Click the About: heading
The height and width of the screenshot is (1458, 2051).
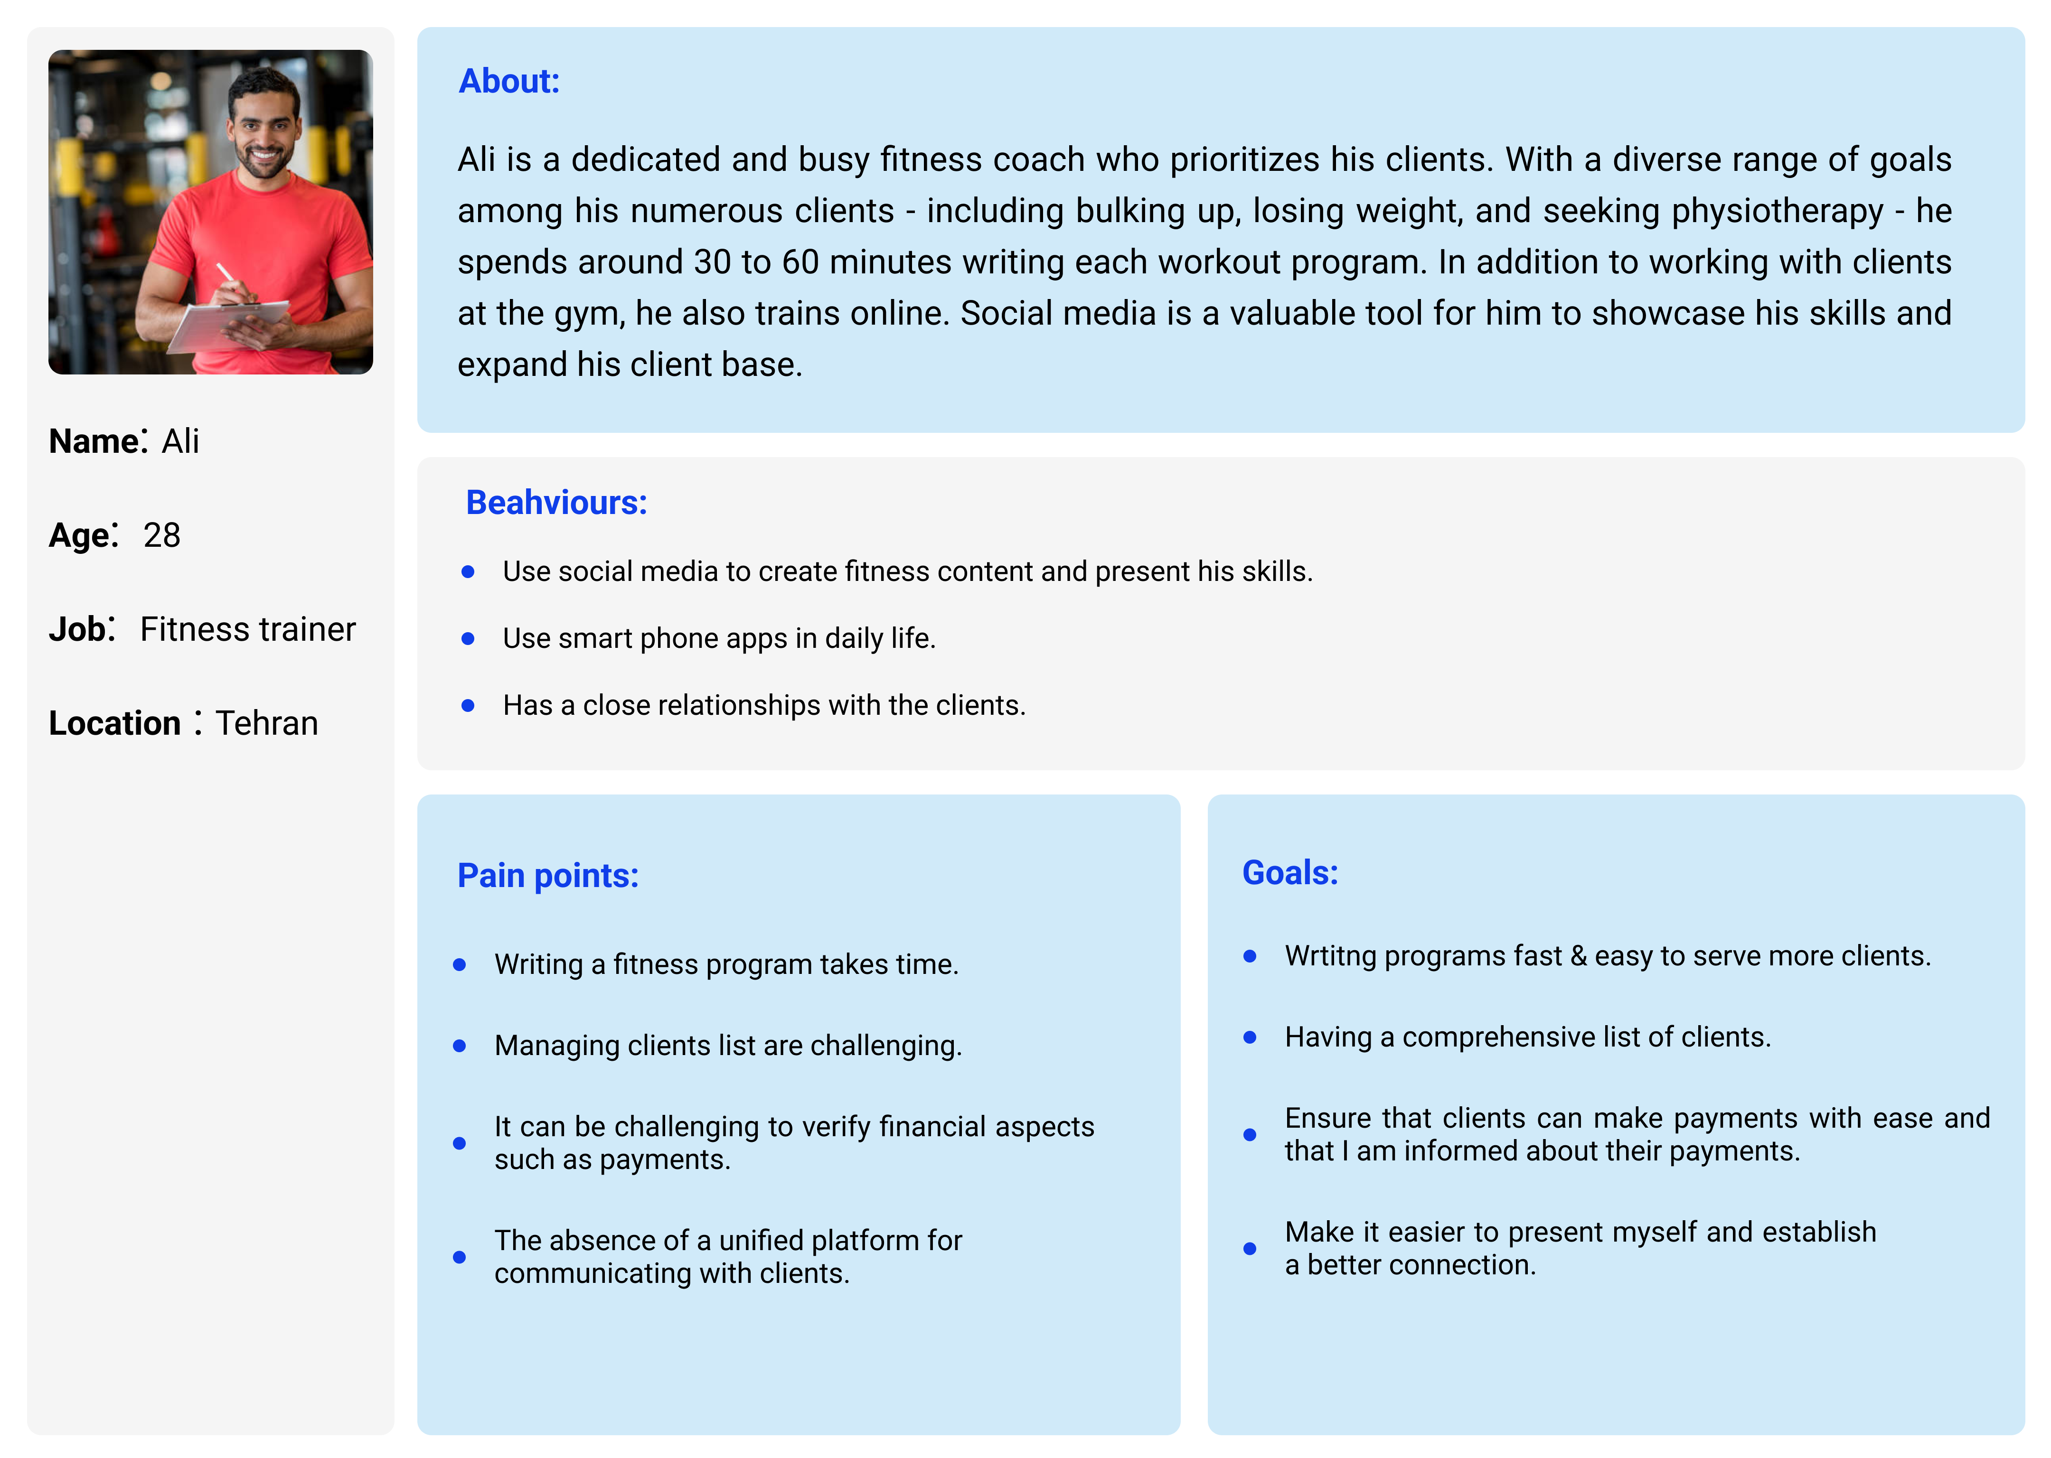[x=508, y=82]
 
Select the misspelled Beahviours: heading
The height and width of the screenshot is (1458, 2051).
[x=556, y=503]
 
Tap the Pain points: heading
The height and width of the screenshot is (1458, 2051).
[x=548, y=875]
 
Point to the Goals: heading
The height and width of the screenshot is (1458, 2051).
[x=1289, y=873]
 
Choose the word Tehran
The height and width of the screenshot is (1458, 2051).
[x=267, y=724]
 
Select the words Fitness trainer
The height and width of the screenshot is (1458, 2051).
[x=248, y=629]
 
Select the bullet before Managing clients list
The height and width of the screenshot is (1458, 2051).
[x=460, y=1046]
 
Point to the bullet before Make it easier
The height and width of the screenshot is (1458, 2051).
[x=1249, y=1249]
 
